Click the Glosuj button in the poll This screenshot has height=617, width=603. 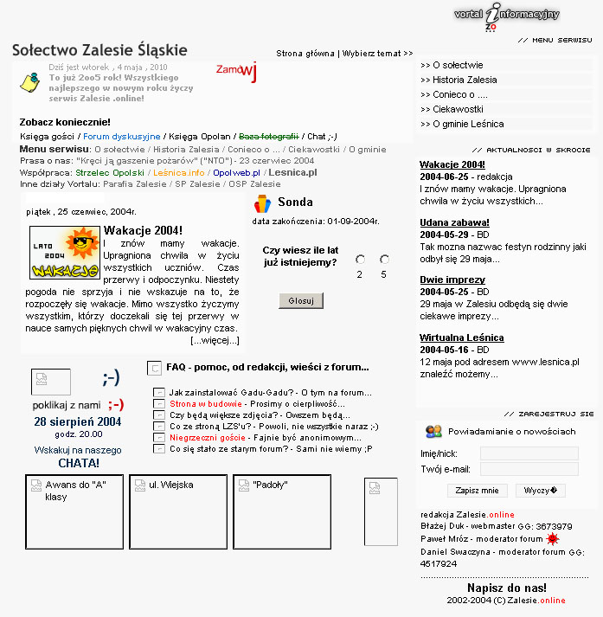pyautogui.click(x=301, y=300)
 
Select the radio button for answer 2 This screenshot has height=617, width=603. pyautogui.click(x=360, y=260)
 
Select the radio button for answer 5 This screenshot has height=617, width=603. pyautogui.click(x=383, y=260)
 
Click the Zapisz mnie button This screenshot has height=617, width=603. pyautogui.click(x=477, y=491)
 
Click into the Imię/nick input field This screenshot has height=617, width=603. pyautogui.click(x=529, y=453)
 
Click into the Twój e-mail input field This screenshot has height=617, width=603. pyautogui.click(x=529, y=469)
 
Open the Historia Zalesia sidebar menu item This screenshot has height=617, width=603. pyautogui.click(x=452, y=80)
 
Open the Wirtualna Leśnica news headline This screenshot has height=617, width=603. pyautogui.click(x=461, y=337)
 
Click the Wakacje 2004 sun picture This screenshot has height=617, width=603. pyautogui.click(x=64, y=253)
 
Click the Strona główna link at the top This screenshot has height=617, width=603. pyautogui.click(x=305, y=54)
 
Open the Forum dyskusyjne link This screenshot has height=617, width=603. pyautogui.click(x=122, y=137)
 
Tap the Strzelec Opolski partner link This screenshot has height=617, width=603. pyautogui.click(x=116, y=173)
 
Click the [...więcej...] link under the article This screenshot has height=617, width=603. pyautogui.click(x=215, y=341)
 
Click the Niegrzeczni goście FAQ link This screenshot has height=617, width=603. pyautogui.click(x=207, y=438)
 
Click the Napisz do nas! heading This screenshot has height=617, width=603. pyautogui.click(x=506, y=588)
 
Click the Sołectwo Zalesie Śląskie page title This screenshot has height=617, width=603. pyautogui.click(x=99, y=50)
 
